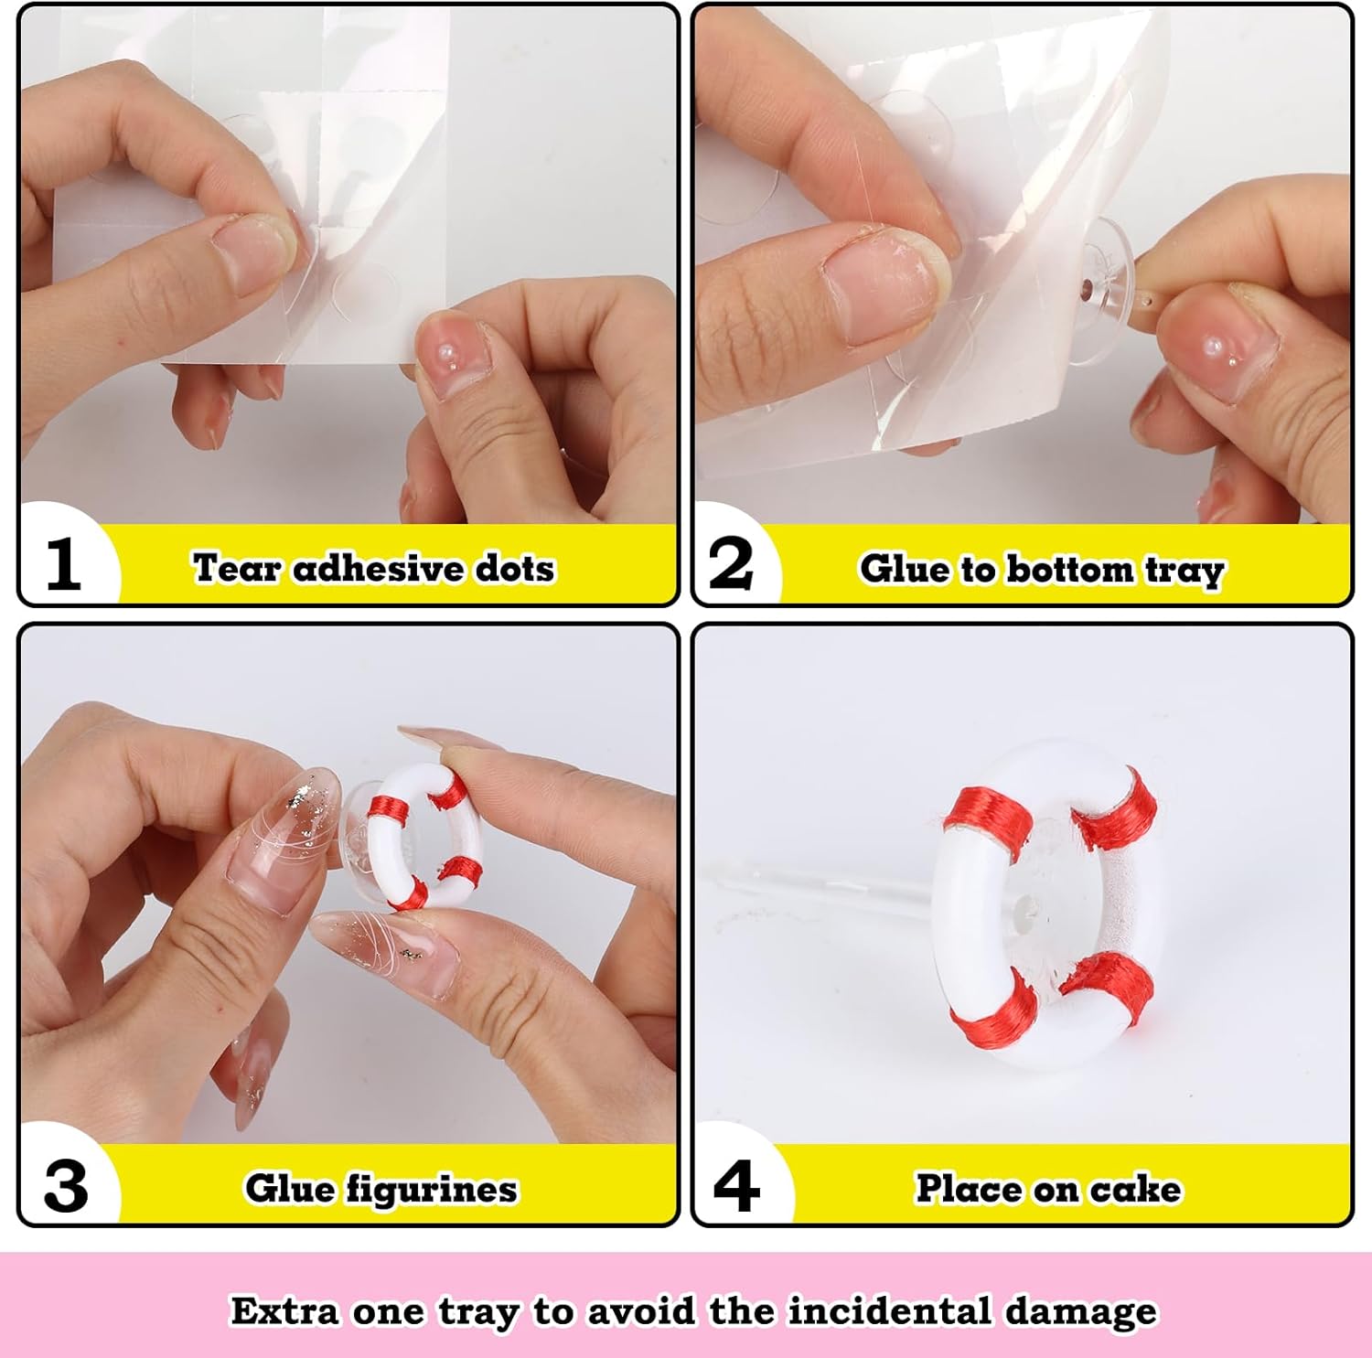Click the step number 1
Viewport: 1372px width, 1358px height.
63,563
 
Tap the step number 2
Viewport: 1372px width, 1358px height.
731,563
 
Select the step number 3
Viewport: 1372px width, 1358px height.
66,1186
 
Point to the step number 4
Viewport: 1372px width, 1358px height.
736,1186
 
